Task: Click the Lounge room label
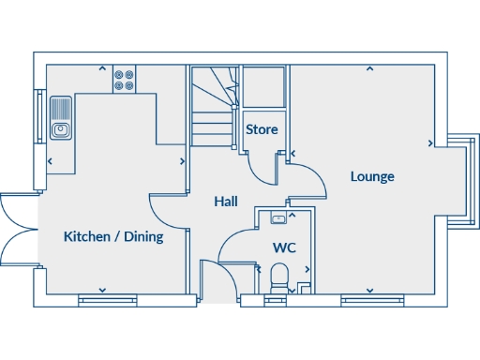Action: pos(372,176)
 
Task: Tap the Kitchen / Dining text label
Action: pos(112,237)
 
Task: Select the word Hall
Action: pos(225,202)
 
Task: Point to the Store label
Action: pos(262,129)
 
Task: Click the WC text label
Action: pos(284,248)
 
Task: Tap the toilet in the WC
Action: pos(278,277)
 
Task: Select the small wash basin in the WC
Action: pos(278,218)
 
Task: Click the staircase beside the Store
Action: pos(213,108)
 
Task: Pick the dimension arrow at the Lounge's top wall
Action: pos(369,68)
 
